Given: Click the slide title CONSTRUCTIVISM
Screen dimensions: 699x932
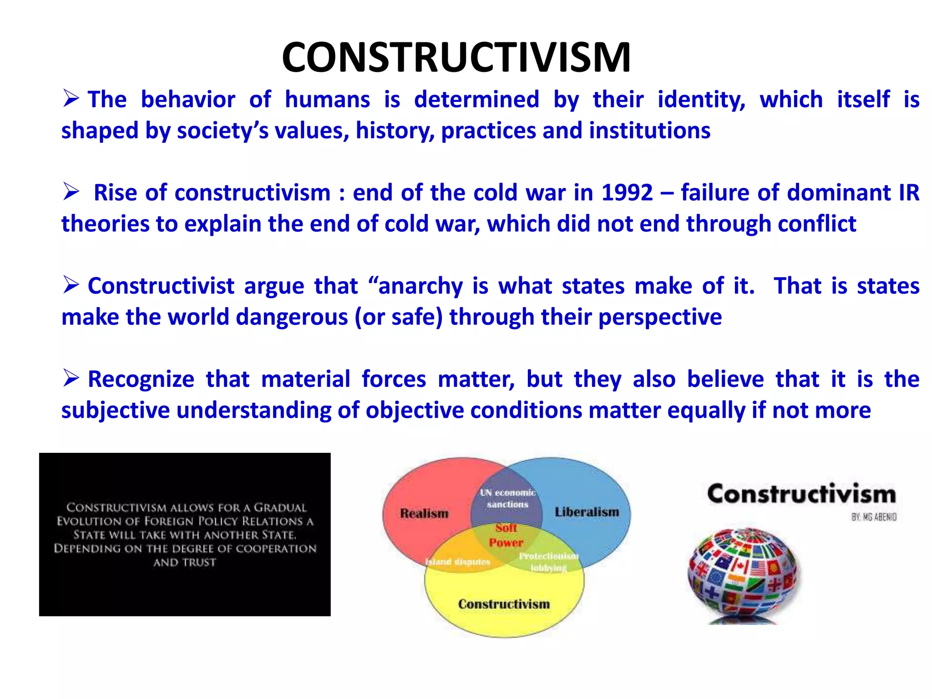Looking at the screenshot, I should [456, 57].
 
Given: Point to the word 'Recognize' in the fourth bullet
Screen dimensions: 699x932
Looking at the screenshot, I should [141, 379].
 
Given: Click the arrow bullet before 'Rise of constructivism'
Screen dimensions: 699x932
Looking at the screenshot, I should [71, 192].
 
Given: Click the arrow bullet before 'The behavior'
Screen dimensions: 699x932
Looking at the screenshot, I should [71, 98].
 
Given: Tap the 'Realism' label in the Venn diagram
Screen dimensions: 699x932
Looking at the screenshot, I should [424, 513].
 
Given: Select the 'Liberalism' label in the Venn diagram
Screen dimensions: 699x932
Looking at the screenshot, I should [587, 512].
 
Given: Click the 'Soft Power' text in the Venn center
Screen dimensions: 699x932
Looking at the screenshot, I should [506, 535].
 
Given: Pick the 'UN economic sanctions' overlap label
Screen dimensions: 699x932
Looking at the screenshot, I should [507, 498].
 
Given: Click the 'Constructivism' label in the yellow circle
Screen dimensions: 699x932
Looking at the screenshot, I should [504, 604].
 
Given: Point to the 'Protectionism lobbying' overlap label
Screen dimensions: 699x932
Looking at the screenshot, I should [548, 562].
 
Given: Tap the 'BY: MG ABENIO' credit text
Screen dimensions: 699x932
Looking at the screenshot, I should [874, 517].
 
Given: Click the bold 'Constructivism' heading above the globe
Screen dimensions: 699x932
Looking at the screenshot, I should [801, 494].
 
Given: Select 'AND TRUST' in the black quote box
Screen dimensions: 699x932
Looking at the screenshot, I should [184, 562].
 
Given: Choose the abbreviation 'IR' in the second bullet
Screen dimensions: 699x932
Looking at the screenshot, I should [909, 192].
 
